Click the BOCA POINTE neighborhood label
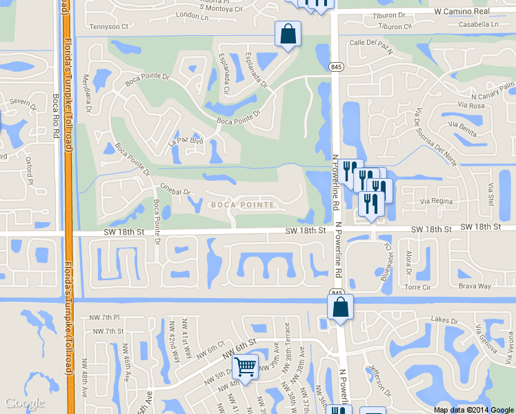tap(243, 205)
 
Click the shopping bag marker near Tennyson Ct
tap(288, 34)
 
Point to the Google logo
tap(24, 403)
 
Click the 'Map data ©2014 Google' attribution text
tap(474, 410)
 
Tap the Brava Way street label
tap(475, 286)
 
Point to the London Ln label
tap(192, 14)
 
